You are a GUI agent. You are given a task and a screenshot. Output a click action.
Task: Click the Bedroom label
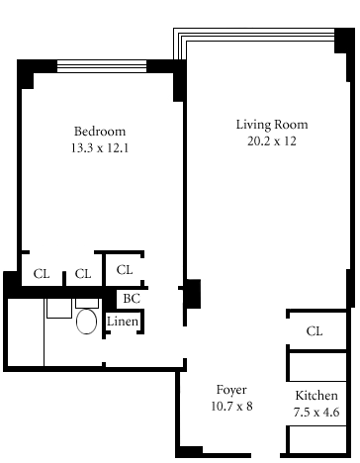100,132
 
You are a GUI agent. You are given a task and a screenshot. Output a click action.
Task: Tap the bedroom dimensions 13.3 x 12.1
100,147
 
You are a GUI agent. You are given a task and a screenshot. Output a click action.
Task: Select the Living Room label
272,125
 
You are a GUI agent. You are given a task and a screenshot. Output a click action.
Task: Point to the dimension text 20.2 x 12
272,141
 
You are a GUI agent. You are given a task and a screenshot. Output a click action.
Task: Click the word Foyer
231,390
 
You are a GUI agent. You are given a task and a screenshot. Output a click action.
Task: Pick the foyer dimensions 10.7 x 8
231,406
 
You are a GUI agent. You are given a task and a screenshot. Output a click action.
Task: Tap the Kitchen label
316,395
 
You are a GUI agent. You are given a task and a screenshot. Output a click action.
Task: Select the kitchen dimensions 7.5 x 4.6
316,412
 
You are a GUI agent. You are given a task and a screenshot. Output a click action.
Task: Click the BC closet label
132,299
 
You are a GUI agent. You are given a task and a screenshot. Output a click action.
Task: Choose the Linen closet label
123,322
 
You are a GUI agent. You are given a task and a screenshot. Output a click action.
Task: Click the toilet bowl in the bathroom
86,322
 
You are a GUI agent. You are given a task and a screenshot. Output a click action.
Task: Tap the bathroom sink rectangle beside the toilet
59,309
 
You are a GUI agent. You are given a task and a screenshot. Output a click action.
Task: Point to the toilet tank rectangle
87,304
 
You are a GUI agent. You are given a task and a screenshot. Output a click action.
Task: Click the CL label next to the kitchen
315,331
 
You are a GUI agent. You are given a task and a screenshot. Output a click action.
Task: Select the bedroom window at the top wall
102,66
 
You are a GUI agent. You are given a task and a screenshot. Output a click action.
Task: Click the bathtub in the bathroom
26,332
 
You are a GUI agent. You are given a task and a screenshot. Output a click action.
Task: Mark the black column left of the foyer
192,294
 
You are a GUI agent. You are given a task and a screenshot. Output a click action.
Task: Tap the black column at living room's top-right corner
345,41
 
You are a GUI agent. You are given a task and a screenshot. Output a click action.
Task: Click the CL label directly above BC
125,270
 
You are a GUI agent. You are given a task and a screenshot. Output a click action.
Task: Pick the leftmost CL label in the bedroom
42,274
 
